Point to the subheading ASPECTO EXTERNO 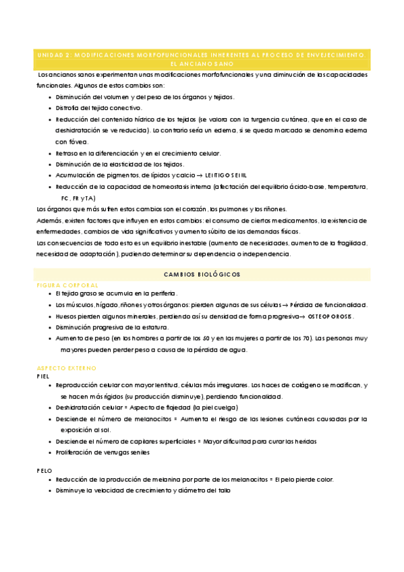click(67, 368)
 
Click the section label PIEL click(43, 376)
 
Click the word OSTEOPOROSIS click(326, 317)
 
